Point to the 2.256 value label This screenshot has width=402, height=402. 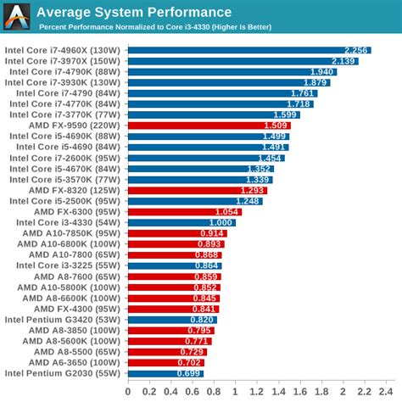(x=357, y=50)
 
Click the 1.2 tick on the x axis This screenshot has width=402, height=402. (x=234, y=392)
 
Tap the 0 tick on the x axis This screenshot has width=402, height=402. (x=128, y=392)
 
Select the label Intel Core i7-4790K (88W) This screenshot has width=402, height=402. (x=67, y=71)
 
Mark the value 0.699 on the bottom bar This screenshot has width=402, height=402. (x=189, y=373)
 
